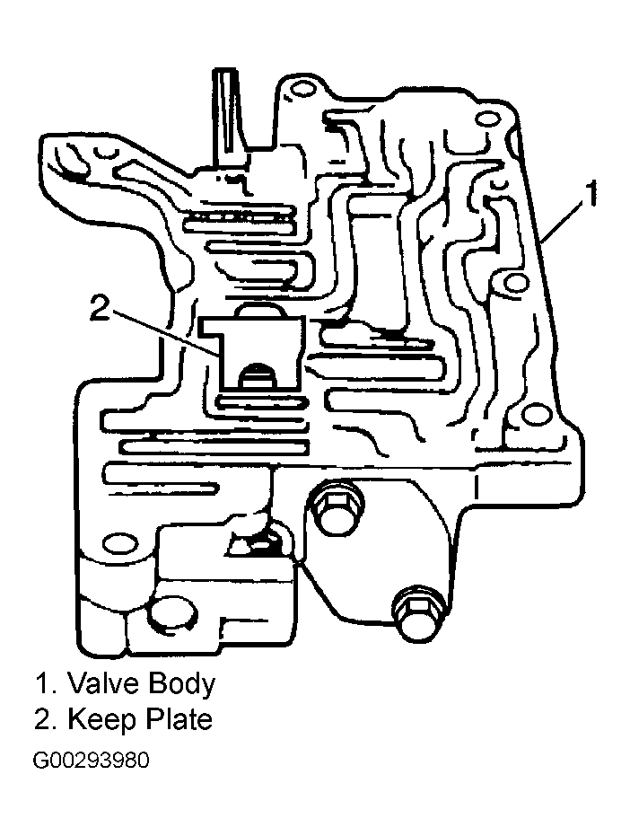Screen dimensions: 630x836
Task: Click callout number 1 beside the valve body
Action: coord(588,194)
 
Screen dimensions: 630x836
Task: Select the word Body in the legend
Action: coord(181,684)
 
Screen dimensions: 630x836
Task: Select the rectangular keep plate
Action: coord(251,352)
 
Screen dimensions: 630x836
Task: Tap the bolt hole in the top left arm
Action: coord(105,152)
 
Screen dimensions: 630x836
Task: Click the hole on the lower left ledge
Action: coord(118,545)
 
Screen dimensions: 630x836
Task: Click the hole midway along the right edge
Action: coord(514,282)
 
